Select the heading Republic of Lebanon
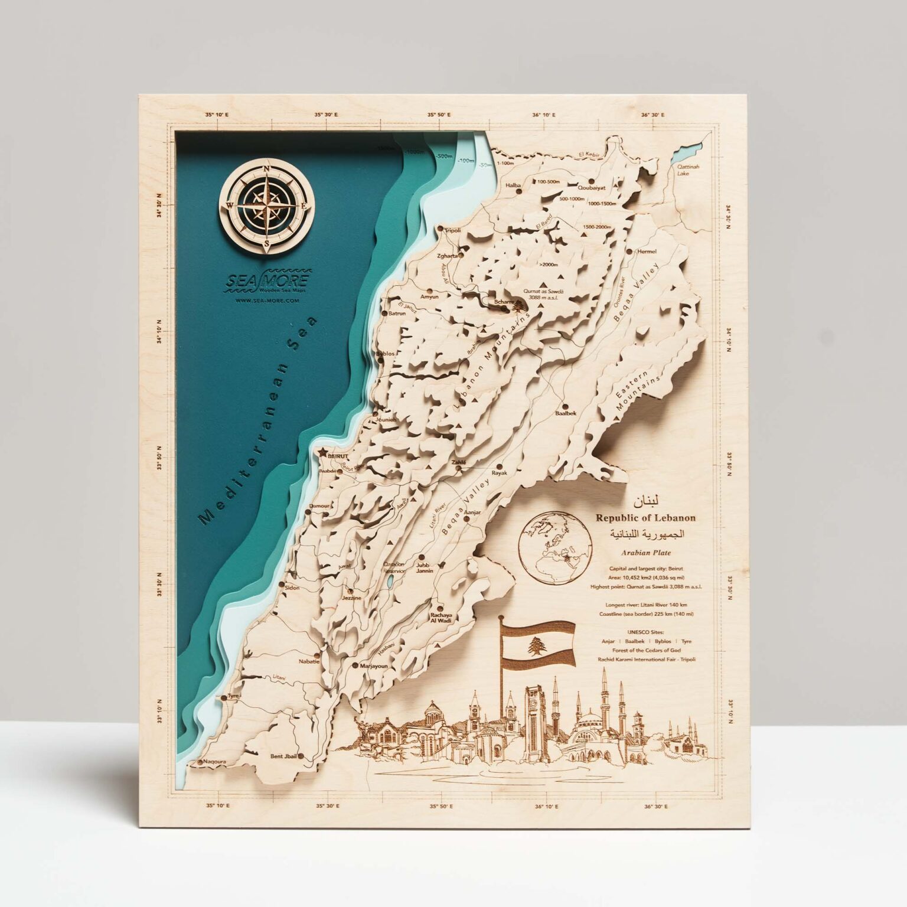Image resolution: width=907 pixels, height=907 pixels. click(x=645, y=518)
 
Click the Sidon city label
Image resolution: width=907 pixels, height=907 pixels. click(x=292, y=588)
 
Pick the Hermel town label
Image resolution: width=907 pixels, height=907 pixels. click(x=647, y=251)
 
